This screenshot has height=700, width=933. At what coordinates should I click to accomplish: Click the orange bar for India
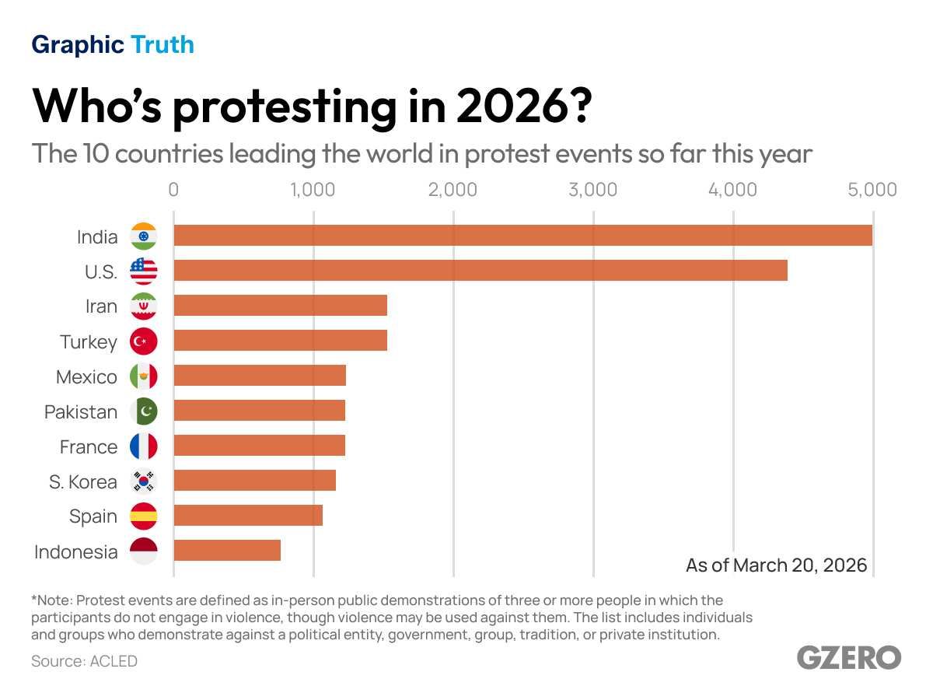coord(522,236)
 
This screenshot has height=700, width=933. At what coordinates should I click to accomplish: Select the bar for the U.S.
coord(480,271)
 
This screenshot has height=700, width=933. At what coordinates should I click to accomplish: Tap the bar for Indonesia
coord(227,551)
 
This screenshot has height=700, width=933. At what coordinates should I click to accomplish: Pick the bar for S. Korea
coord(255,481)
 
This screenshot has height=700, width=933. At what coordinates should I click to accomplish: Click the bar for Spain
coord(248,516)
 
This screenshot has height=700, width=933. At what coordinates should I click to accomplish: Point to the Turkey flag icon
coord(144,341)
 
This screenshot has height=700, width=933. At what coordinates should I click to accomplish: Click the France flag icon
coord(144,446)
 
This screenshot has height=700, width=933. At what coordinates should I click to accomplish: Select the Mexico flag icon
coord(144,376)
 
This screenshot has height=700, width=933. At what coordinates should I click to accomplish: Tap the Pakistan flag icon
coord(144,411)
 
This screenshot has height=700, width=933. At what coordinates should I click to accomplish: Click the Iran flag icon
coord(144,306)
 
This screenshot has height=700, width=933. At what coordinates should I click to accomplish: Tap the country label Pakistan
coord(81,412)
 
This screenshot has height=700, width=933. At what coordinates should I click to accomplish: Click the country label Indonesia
coord(76,552)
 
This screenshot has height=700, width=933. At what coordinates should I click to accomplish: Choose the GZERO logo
coord(849,657)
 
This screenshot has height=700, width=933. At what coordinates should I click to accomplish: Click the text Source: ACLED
coord(84,662)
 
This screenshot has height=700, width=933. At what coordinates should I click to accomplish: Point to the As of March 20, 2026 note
coord(776,565)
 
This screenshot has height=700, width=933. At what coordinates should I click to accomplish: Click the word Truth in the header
coord(162,45)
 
